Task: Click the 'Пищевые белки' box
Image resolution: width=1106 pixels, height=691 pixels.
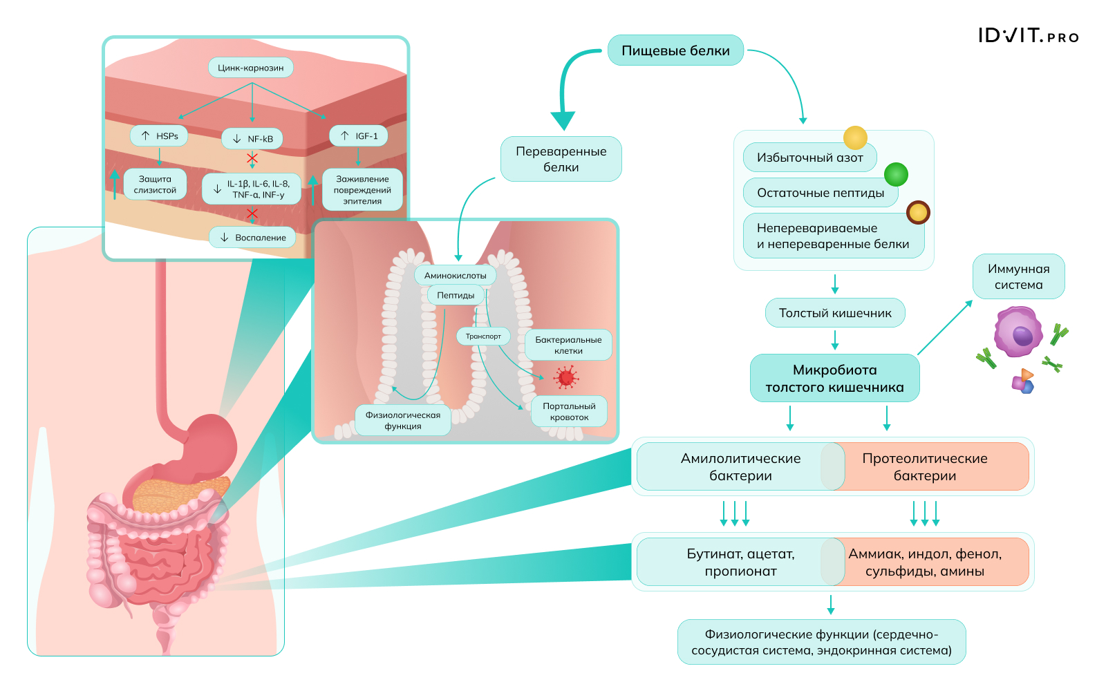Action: (675, 50)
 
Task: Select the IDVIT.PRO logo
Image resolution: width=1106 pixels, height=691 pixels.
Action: (1028, 36)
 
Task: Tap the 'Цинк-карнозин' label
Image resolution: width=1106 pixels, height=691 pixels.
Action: (251, 68)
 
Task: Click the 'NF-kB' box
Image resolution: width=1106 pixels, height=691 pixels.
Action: (252, 139)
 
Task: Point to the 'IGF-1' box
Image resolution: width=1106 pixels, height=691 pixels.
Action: (358, 136)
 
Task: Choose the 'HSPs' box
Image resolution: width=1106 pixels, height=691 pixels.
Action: (160, 136)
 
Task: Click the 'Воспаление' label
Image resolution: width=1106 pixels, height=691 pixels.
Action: (252, 238)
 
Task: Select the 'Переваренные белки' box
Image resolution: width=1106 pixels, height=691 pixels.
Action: (561, 159)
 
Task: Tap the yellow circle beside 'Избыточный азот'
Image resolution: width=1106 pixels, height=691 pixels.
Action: (855, 138)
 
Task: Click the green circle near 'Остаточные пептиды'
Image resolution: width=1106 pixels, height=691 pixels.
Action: (896, 175)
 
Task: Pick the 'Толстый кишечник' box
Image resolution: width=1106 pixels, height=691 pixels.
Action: (835, 313)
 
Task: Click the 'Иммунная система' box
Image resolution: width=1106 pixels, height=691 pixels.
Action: (1018, 276)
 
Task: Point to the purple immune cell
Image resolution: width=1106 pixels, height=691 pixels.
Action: (1018, 333)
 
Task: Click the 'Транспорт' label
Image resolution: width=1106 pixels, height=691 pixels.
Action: (483, 337)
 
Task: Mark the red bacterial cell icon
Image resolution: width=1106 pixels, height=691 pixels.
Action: (566, 377)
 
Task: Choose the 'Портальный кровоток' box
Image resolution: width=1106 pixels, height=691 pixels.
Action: (569, 411)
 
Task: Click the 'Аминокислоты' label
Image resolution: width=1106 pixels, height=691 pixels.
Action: (455, 276)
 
